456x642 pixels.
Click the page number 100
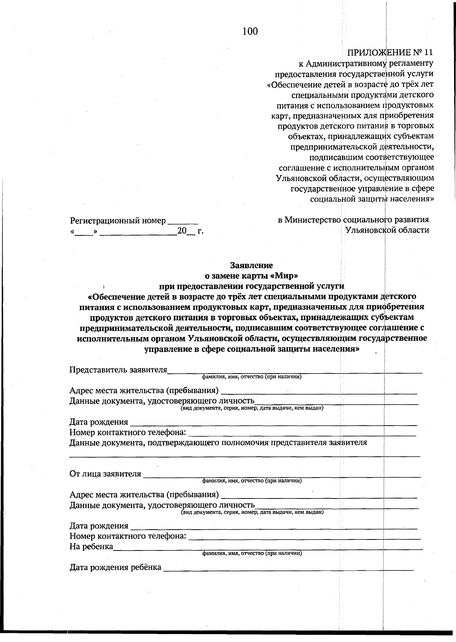click(250, 32)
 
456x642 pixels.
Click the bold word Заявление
click(251, 265)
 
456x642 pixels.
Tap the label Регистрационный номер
click(118, 221)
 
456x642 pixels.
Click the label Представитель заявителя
click(118, 370)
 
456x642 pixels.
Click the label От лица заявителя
click(105, 474)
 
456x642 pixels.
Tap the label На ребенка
click(91, 547)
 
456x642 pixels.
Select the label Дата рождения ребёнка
click(115, 568)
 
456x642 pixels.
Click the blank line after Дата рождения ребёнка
click(289, 569)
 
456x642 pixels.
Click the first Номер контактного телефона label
click(128, 432)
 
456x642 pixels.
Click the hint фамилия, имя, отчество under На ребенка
click(252, 554)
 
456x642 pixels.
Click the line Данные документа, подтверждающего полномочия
click(218, 443)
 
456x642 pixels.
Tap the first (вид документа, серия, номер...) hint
click(252, 408)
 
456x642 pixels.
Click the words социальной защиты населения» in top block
click(372, 199)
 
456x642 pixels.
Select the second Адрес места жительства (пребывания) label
click(144, 495)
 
